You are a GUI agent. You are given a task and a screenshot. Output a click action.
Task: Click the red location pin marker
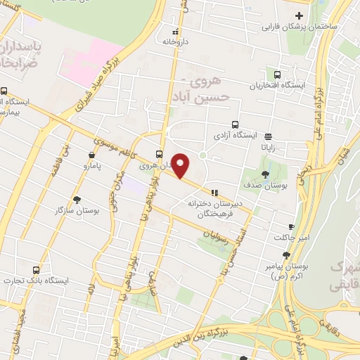pos(181,165)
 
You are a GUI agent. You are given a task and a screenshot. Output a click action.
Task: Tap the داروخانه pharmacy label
pos(176,42)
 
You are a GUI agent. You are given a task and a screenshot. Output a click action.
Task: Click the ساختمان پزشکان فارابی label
pos(300,27)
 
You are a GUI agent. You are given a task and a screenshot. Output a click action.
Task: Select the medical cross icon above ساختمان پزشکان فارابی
pos(300,15)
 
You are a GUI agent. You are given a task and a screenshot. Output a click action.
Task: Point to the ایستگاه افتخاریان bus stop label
pos(279,86)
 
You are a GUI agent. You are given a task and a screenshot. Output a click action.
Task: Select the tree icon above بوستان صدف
pos(265,174)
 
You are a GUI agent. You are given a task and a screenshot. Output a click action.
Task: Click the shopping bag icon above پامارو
pos(91,155)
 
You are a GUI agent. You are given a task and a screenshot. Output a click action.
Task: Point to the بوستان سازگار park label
pos(77,210)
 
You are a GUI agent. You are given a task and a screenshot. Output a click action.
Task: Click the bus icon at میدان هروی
pos(160,155)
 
